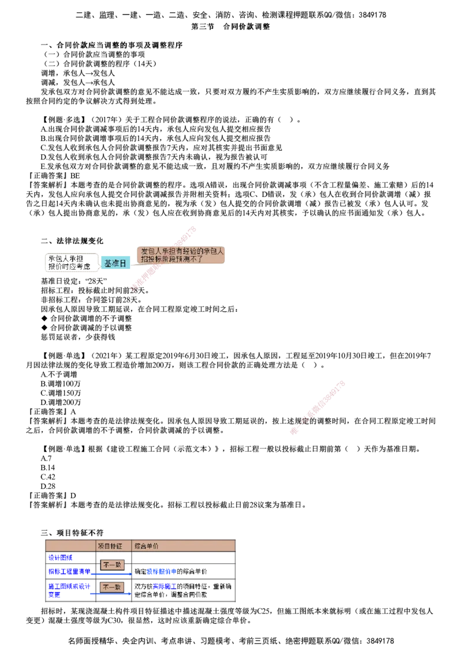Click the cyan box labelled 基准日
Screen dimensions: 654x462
(x=115, y=263)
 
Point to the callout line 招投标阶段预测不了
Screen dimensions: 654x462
(x=173, y=259)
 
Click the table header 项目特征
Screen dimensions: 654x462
(x=110, y=546)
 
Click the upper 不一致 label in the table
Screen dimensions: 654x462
(x=112, y=564)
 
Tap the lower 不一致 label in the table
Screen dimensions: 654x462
(x=112, y=587)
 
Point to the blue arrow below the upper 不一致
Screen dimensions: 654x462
(x=110, y=575)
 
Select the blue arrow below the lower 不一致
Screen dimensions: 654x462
(x=110, y=594)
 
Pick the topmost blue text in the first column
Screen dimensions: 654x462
(x=60, y=558)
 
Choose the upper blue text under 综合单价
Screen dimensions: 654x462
(x=161, y=572)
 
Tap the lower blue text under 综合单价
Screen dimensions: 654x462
(x=164, y=586)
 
